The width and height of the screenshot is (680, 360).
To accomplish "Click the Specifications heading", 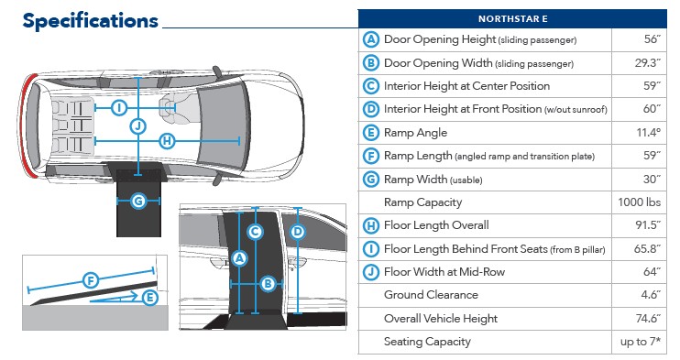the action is pos(90,21).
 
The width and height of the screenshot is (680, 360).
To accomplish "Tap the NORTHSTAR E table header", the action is pos(512,19).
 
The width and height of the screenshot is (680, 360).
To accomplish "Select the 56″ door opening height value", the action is pos(652,39).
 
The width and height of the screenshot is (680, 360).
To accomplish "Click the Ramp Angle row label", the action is pos(415,133).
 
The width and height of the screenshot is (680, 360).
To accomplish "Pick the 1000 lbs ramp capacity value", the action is pos(640,202).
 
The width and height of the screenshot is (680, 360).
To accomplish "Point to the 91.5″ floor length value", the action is pos(648,225).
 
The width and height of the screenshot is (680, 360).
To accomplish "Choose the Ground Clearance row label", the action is pos(431,295).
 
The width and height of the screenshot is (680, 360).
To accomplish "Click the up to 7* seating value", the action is pos(641,342).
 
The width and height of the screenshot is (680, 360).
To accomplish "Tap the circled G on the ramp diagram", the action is pos(138,202).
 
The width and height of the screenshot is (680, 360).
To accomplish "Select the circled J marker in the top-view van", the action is pos(137,126).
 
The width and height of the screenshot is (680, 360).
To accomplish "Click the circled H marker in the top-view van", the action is pos(167,141).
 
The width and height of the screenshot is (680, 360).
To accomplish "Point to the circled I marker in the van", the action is pos(119,107).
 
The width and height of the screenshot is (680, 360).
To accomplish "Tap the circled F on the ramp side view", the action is pos(91,280).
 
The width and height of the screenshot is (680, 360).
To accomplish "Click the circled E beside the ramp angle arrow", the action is pos(149,298).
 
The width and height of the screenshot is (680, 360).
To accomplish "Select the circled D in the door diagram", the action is pos(298,232).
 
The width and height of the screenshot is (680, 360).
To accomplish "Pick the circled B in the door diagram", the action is pos(268,284).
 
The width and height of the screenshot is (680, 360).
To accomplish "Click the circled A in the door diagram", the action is pos(239,259).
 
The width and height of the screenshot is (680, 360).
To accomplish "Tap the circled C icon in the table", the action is pos(371,86).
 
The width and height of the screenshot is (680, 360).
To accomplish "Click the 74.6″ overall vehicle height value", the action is pos(648,319).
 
